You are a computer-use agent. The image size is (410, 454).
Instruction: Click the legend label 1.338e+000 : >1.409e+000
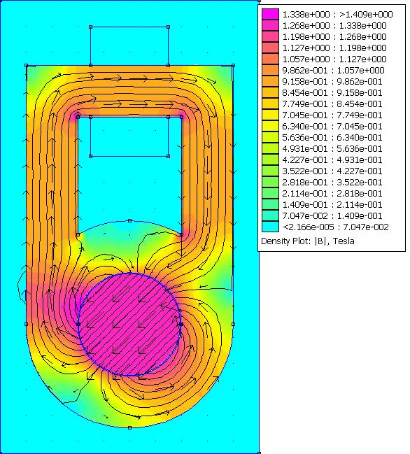point(338,14)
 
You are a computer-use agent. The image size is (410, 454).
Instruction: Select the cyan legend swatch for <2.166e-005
point(270,227)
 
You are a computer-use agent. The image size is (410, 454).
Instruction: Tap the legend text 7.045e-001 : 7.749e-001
point(332,115)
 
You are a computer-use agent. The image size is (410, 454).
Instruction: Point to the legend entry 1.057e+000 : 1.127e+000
point(334,59)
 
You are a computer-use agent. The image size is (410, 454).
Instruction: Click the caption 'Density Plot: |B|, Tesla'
point(308,241)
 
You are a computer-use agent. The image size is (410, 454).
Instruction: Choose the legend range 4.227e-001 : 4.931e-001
point(332,159)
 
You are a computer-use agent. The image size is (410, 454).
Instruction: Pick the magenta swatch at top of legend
point(270,14)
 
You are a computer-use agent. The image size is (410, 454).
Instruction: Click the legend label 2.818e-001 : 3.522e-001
point(332,182)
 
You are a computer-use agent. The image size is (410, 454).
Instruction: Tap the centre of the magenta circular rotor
point(129,325)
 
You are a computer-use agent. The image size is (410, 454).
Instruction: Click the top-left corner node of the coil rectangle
point(91,27)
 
